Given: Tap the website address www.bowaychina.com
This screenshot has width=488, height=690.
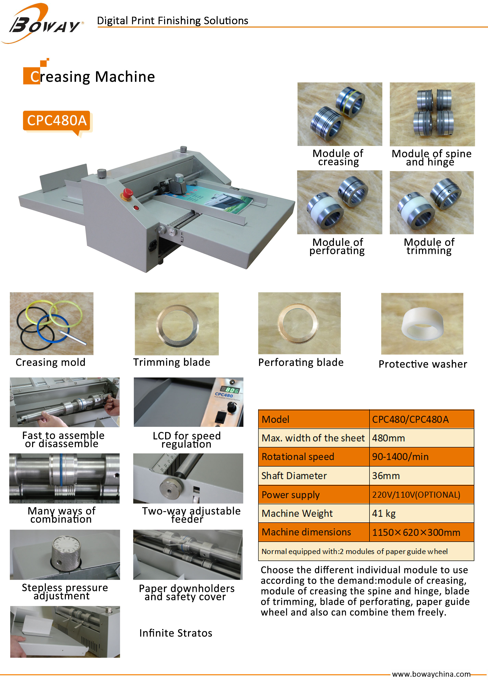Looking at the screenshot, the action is [x=431, y=674].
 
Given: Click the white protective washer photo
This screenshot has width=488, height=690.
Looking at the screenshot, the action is [x=422, y=324].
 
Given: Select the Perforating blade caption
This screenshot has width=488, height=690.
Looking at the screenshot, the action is [x=301, y=363].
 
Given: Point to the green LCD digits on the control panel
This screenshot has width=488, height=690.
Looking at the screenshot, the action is [x=230, y=390].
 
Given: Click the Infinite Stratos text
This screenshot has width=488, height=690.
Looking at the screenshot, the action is [x=176, y=633].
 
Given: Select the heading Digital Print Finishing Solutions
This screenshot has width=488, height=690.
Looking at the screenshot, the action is [x=173, y=20].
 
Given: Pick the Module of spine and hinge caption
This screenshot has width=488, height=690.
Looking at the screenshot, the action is [x=432, y=158].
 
